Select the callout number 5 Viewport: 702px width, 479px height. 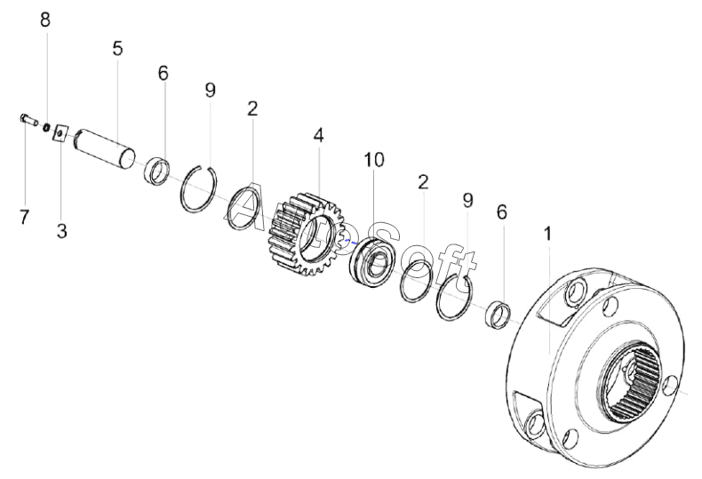click(x=117, y=48)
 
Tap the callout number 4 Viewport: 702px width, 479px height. click(x=318, y=136)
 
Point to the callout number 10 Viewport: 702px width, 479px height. click(x=374, y=160)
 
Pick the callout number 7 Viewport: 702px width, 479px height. click(x=24, y=217)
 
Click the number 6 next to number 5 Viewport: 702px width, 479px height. click(x=163, y=73)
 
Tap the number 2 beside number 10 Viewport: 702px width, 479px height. click(x=423, y=182)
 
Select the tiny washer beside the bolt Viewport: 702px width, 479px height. click(x=45, y=127)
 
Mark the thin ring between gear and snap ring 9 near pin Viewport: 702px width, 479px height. click(x=244, y=209)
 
